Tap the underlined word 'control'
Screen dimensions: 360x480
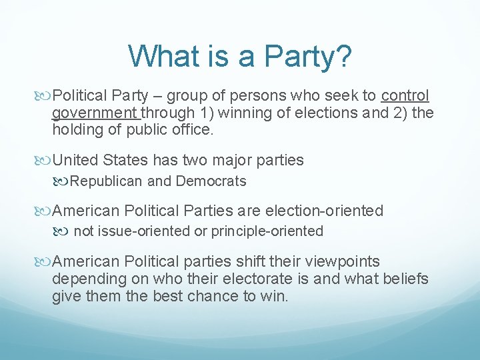tap(405, 95)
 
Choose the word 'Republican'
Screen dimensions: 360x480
tap(107, 181)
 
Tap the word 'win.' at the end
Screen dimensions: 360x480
tap(273, 296)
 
